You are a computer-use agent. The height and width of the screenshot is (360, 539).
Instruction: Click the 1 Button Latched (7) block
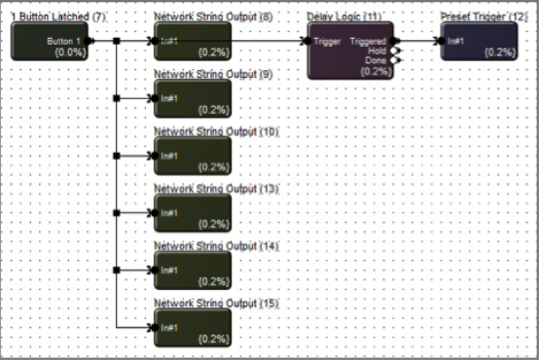pos(49,42)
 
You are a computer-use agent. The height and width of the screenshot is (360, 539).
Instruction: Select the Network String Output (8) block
pos(193,42)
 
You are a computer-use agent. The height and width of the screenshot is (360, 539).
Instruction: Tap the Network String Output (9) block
pos(193,98)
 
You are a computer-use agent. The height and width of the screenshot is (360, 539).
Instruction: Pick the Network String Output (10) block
pos(193,156)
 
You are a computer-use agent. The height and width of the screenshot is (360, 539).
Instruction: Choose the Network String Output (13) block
pos(193,212)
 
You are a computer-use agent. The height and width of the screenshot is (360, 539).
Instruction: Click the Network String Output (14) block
pos(193,270)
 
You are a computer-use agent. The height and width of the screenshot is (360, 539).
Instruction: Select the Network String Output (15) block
pos(193,326)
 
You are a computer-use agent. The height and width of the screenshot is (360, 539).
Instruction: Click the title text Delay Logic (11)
pos(343,18)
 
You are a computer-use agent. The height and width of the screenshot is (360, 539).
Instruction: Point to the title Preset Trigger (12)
pos(484,18)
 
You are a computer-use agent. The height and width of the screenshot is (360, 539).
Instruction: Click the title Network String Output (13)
pos(216,188)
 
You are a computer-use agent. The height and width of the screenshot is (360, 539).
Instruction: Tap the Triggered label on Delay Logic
pos(368,41)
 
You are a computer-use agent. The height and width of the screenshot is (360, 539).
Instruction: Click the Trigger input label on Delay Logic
pos(326,41)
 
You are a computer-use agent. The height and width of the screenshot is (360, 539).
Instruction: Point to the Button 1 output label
pos(64,41)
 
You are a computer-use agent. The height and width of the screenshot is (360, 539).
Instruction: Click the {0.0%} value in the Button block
pos(69,51)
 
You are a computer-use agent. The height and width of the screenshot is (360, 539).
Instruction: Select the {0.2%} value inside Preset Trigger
pos(499,51)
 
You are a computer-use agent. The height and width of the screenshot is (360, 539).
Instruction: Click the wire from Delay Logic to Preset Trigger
pos(418,41)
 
